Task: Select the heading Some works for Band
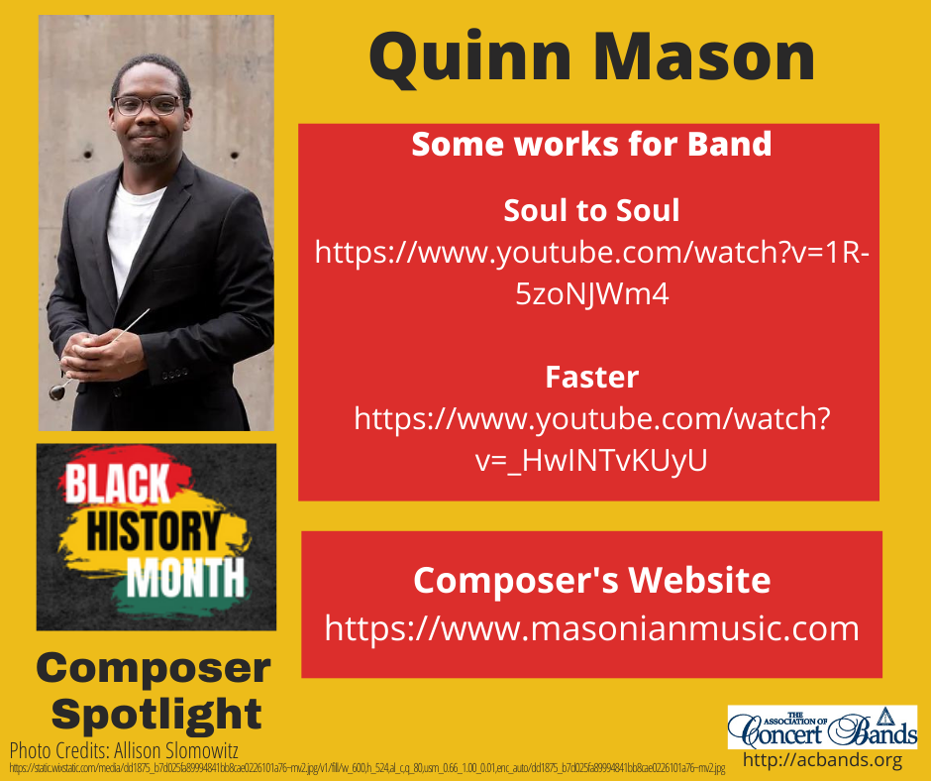point(591,145)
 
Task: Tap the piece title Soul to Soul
point(591,210)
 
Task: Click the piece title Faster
point(591,378)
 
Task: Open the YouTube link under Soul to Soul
point(591,273)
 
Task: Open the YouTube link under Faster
point(591,440)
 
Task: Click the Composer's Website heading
point(591,580)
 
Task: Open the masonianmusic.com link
point(591,628)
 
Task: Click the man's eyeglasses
point(147,105)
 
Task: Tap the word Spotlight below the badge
point(155,713)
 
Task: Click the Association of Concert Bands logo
point(822,726)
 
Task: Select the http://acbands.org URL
point(822,761)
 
